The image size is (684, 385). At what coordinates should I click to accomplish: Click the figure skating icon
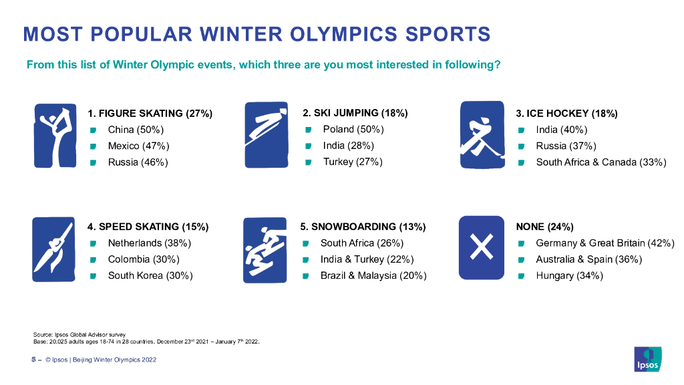(55, 136)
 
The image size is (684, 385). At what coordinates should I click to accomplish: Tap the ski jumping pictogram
(267, 135)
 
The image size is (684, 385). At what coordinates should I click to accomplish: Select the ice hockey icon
(482, 135)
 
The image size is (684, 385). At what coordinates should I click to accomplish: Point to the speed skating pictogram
(53, 249)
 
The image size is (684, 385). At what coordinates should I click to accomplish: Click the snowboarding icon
(265, 250)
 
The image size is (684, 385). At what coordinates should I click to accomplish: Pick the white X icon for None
(482, 247)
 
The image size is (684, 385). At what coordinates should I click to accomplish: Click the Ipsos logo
(648, 359)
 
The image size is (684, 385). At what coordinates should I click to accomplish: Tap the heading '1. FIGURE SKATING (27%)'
(150, 114)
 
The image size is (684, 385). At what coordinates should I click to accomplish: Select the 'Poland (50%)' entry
(353, 130)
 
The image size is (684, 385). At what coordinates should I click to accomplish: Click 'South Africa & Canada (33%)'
(601, 162)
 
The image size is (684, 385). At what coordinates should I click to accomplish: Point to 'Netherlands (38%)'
(150, 243)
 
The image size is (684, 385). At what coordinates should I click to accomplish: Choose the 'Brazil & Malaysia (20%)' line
(373, 276)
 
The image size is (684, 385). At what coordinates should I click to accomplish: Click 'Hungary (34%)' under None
(569, 276)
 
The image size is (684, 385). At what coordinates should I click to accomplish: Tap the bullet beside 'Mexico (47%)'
(93, 146)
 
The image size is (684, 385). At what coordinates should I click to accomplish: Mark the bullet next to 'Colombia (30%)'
(93, 260)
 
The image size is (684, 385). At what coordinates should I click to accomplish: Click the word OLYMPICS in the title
(343, 35)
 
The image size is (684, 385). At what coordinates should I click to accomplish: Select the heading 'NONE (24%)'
(545, 227)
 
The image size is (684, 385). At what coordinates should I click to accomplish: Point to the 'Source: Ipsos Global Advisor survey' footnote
(79, 335)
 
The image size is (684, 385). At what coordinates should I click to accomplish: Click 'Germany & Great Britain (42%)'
(605, 243)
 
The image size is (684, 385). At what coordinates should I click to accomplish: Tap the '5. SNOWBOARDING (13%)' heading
(363, 227)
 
